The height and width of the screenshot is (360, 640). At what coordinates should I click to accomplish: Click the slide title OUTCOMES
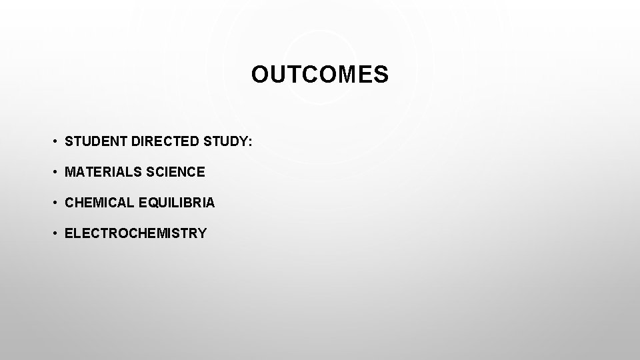[319, 75]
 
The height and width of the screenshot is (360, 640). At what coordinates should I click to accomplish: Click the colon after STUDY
[249, 141]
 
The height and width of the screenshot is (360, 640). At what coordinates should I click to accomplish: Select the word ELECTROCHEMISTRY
[135, 233]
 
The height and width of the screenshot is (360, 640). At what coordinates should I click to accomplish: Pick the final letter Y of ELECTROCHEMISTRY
[202, 233]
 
